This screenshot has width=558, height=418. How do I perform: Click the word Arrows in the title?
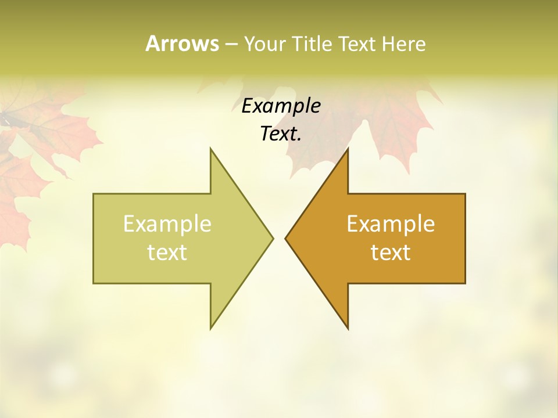(182, 44)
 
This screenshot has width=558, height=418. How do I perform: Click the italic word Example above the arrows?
(281, 106)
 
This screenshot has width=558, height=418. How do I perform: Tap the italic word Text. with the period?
(281, 134)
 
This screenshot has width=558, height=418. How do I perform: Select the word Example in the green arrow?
(167, 224)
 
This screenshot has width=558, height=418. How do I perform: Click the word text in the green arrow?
(167, 253)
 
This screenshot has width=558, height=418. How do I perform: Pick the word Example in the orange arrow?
(391, 224)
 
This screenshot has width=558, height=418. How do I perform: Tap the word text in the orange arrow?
(391, 253)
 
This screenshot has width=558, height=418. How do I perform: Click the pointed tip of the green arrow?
(273, 238)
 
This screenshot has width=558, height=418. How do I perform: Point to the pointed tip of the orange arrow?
(285, 238)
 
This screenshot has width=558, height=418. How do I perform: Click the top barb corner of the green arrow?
(211, 149)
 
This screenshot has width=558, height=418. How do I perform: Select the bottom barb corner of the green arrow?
(211, 328)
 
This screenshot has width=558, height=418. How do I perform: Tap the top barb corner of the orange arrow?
(348, 149)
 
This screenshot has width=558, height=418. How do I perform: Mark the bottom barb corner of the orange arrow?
(348, 328)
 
